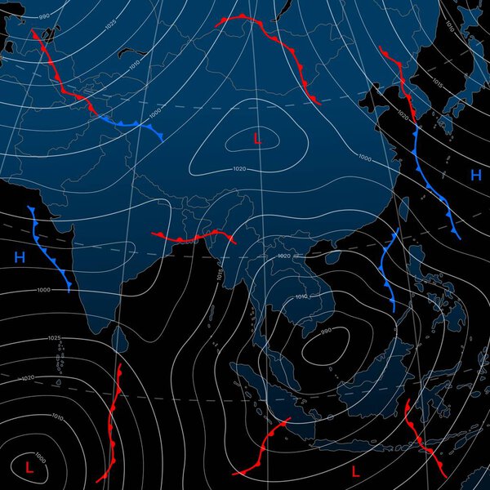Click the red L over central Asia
tap(257, 139)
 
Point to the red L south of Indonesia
tap(355, 471)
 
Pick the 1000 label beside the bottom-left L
tap(41, 457)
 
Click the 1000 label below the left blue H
tap(42, 290)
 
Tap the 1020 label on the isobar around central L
tap(239, 168)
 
